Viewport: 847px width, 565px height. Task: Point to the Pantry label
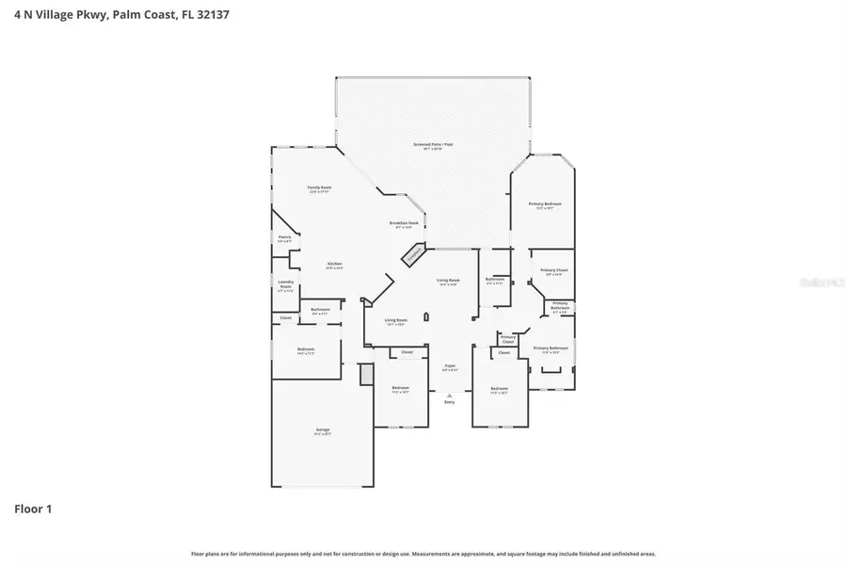[284, 239]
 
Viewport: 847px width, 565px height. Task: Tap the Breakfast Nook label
[404, 224]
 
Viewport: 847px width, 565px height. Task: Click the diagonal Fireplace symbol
[412, 254]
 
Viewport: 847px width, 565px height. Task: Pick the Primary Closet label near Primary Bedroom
[552, 272]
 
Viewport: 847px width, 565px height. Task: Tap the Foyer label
[450, 366]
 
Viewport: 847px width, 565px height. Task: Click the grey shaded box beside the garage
[366, 375]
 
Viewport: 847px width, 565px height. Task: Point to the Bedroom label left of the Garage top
[306, 350]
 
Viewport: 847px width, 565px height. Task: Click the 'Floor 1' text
[33, 509]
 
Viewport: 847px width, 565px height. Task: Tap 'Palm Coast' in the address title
[144, 15]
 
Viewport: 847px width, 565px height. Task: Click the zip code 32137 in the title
[210, 15]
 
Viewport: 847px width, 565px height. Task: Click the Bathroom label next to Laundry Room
[320, 310]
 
